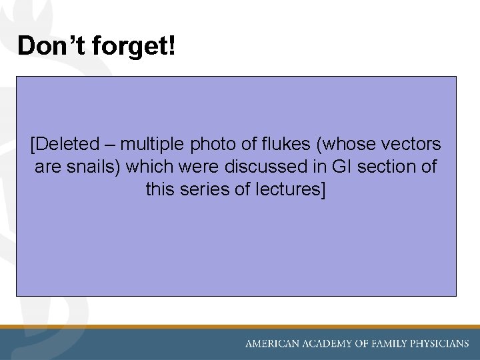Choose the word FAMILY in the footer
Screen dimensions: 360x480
click(x=394, y=344)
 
